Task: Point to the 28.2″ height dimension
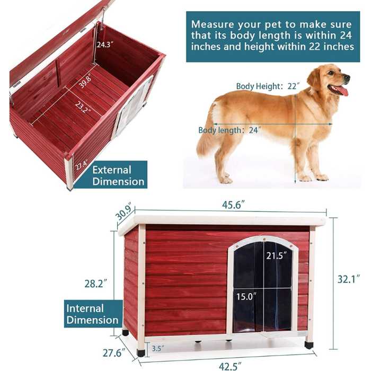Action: [x=96, y=283]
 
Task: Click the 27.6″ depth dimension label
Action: [x=114, y=353]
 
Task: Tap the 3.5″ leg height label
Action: [x=157, y=349]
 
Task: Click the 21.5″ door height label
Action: [x=276, y=255]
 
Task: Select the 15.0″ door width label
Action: [x=246, y=296]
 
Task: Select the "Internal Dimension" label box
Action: [x=92, y=314]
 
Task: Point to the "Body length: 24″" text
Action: [x=229, y=130]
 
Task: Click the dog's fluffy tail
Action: [x=208, y=132]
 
